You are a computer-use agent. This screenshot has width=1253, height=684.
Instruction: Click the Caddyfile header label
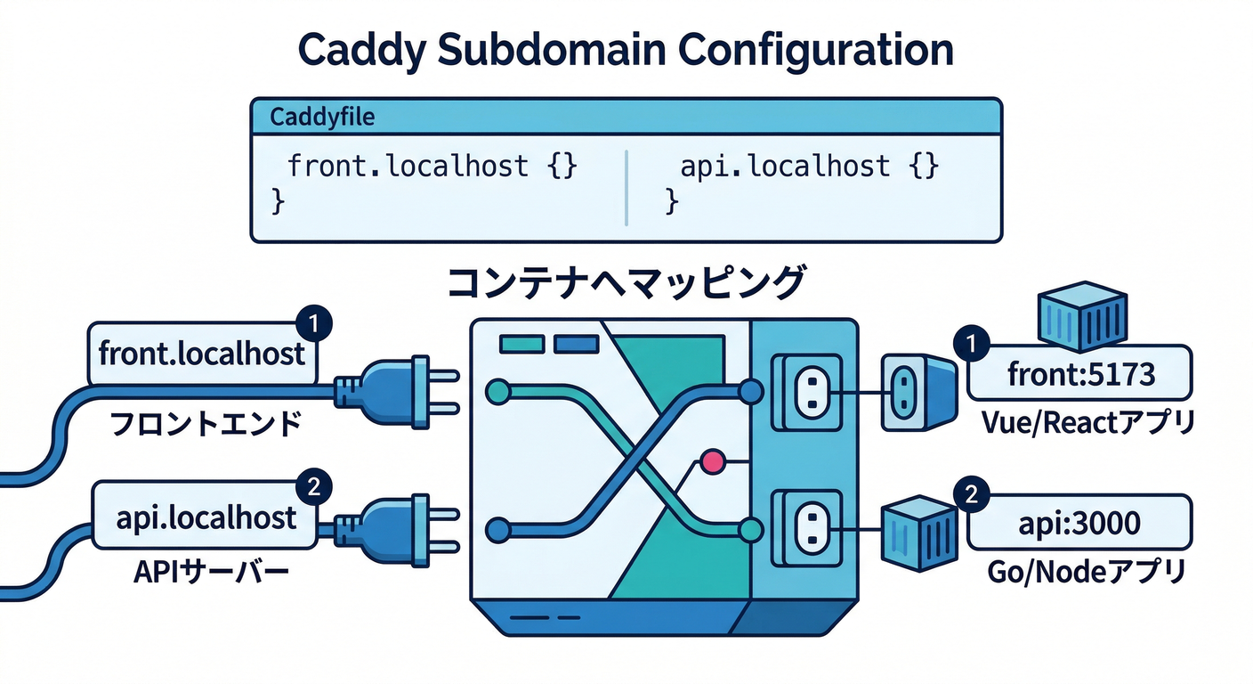click(321, 116)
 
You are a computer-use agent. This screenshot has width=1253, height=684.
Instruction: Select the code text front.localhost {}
click(434, 166)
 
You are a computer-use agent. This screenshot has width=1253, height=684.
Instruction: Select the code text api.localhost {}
click(810, 166)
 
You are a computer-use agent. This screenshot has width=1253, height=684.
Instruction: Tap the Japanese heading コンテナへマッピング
click(626, 282)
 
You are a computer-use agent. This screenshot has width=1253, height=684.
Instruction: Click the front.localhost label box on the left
click(202, 354)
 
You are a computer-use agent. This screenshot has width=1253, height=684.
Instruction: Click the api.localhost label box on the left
click(205, 517)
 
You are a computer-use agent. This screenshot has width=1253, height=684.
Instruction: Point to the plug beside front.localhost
click(392, 388)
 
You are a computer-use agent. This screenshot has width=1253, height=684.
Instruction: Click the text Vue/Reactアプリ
click(1086, 422)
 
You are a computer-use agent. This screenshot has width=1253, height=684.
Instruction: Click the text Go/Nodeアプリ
click(1086, 571)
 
